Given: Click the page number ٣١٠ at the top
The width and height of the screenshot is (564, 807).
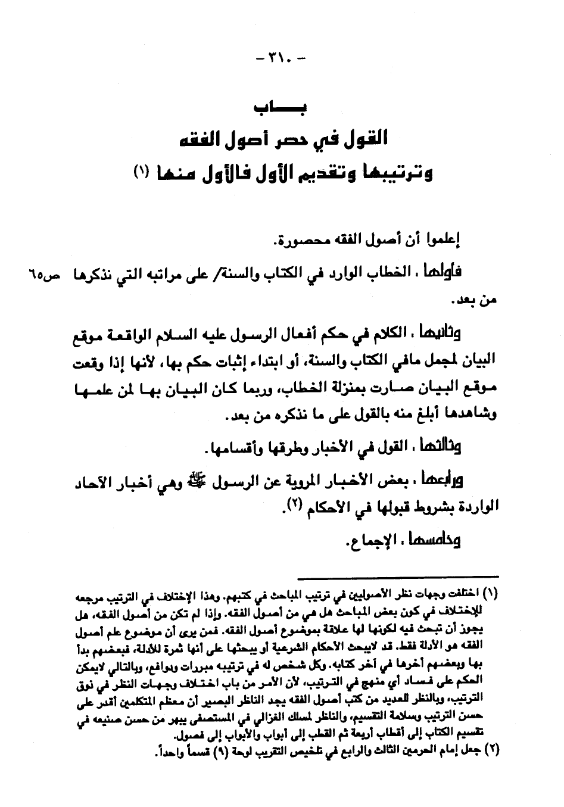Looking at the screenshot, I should click(x=281, y=60).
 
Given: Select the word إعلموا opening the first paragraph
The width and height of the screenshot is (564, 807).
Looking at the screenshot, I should click(x=445, y=241).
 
